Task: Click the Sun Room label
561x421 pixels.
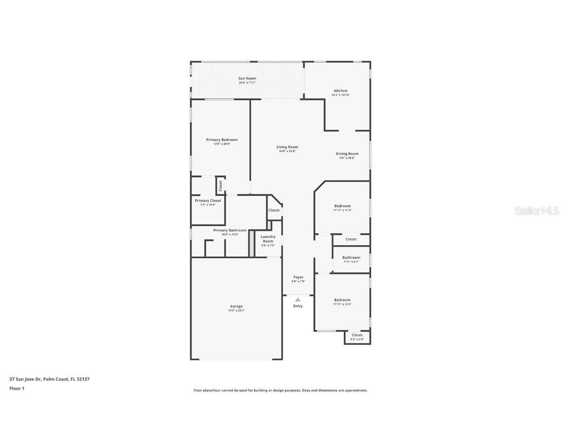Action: (247, 78)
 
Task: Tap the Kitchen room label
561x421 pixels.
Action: (340, 91)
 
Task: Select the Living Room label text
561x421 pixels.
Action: (287, 147)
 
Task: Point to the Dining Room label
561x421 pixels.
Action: (347, 154)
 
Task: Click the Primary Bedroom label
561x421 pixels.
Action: (222, 140)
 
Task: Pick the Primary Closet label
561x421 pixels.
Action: (208, 201)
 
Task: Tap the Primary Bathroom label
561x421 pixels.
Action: (229, 230)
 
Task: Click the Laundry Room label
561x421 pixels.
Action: (268, 239)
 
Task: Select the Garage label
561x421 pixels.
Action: (236, 306)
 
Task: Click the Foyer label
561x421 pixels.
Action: (298, 277)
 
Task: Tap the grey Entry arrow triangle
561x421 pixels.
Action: (298, 300)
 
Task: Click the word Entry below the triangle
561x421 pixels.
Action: (298, 306)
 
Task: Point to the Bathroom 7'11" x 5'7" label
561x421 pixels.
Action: (351, 258)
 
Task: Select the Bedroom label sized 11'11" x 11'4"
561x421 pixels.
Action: (342, 206)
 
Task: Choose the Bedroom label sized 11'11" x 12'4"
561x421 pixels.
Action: (342, 300)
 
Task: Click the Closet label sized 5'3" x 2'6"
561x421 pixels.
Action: (357, 335)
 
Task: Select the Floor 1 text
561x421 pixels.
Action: (17, 388)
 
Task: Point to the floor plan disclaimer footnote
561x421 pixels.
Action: (280, 390)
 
